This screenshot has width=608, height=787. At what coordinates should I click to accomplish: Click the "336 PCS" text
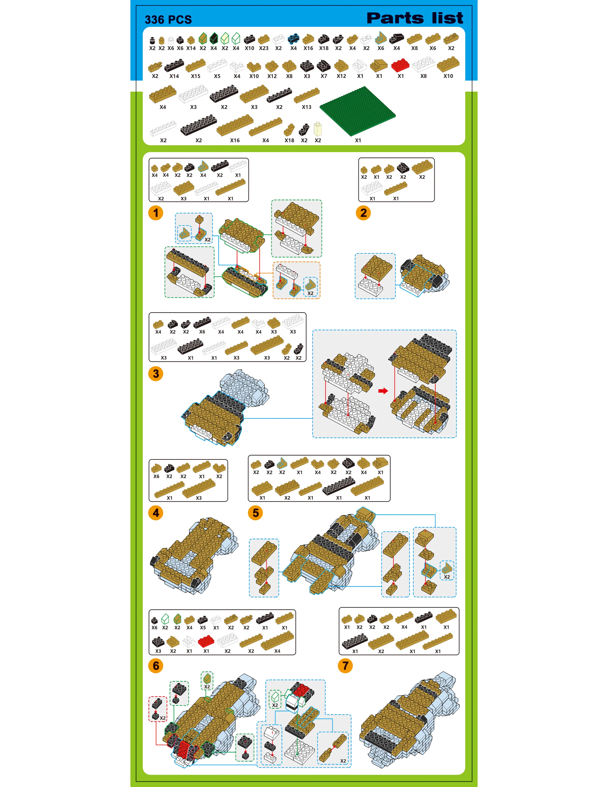tap(168, 20)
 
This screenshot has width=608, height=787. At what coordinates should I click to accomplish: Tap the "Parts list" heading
tap(415, 18)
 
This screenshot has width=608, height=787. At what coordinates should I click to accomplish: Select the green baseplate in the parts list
tap(358, 111)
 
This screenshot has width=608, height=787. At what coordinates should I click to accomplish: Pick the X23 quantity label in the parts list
tap(264, 48)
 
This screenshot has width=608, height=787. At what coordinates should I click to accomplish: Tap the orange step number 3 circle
tap(156, 374)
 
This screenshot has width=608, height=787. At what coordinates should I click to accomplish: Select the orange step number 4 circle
tap(156, 513)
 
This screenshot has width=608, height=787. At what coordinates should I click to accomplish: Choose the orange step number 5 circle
tap(255, 513)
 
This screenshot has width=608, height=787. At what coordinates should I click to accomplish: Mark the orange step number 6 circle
tap(156, 666)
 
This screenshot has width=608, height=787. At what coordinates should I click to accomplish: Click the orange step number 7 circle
tap(345, 666)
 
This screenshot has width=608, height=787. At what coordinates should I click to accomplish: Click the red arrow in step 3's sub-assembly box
tap(383, 391)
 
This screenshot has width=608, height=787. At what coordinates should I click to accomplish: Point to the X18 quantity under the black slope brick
tap(324, 48)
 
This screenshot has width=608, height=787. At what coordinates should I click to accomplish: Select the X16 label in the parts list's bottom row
tap(235, 140)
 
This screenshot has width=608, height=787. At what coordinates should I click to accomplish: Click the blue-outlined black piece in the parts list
tap(294, 38)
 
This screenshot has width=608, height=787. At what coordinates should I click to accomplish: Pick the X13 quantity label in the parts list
tap(307, 107)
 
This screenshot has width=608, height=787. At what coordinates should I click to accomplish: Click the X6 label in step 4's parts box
tap(156, 476)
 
